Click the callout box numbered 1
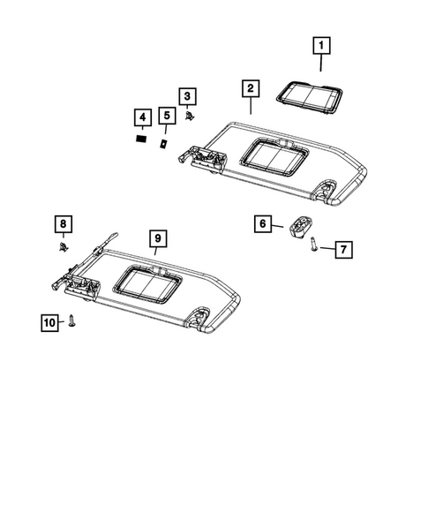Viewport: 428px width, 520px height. point(321,43)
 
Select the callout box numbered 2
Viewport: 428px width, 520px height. point(251,88)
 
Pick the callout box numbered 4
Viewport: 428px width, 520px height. point(140,117)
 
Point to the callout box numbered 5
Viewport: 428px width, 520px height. point(165,116)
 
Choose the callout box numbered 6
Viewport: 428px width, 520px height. point(264,224)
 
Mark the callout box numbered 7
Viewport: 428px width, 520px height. point(342,250)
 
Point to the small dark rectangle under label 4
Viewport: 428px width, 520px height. point(140,138)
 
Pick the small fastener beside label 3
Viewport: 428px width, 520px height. point(191,115)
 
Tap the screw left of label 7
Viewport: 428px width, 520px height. point(315,246)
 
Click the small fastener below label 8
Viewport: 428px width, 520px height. point(64,245)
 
